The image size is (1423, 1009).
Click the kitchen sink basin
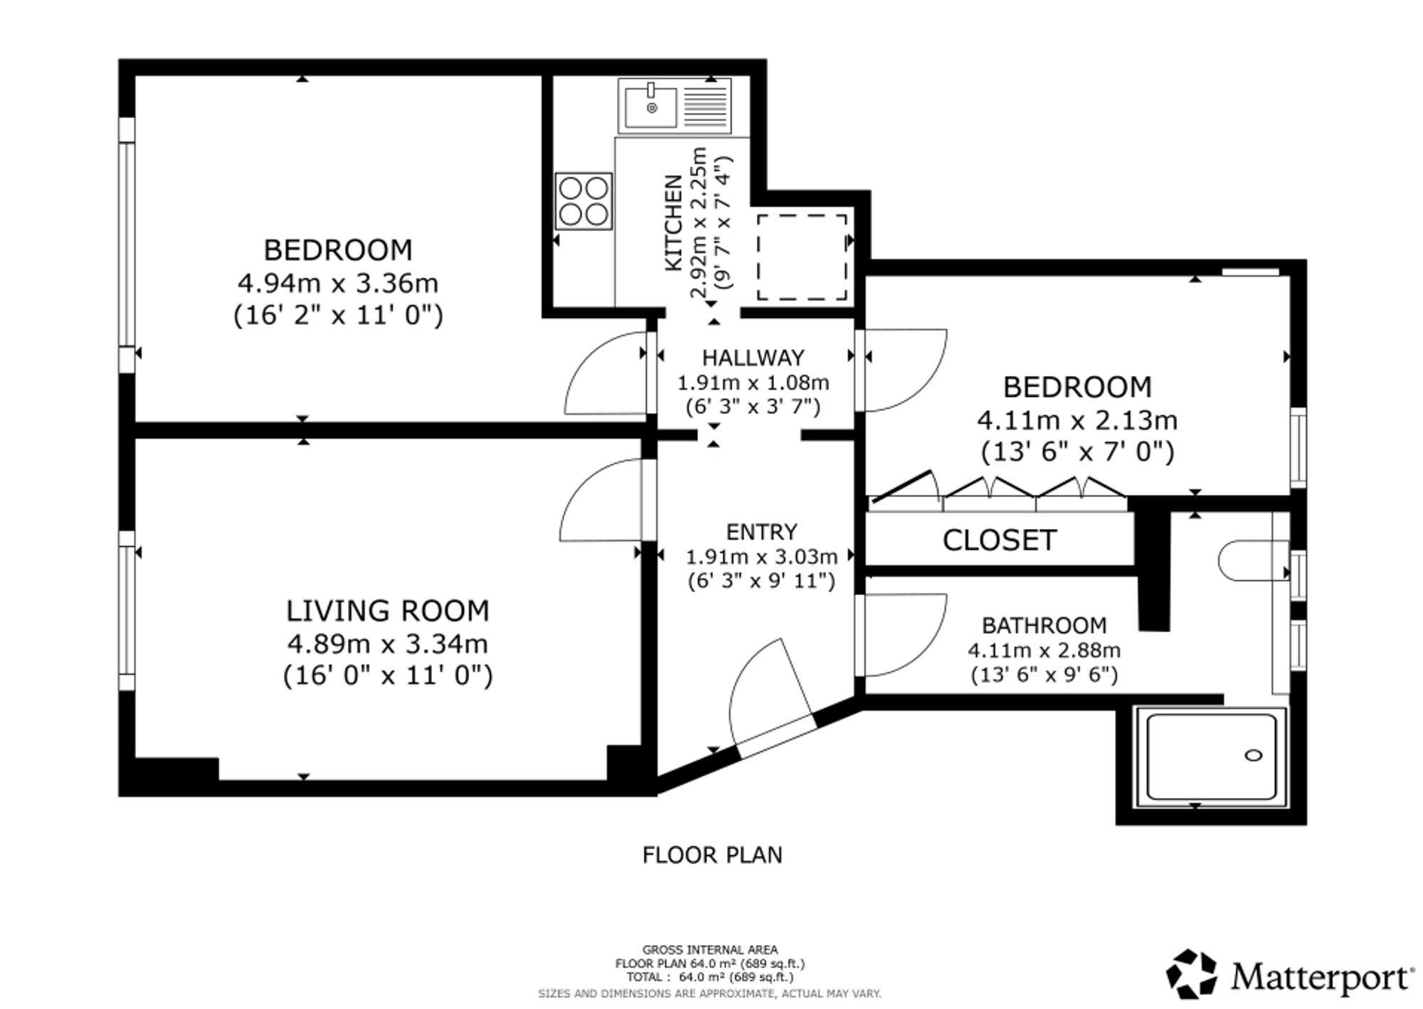(651, 106)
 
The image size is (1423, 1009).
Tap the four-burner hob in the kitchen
(583, 201)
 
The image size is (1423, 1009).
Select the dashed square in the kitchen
(802, 257)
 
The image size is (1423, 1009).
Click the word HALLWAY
(753, 357)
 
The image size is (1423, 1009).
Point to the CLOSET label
(999, 540)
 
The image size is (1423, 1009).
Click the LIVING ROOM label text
(388, 611)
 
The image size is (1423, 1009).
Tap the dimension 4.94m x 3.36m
(338, 284)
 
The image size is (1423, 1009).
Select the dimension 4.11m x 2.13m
(1077, 421)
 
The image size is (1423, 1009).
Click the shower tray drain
(1253, 755)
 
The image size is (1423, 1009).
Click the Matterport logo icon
(1192, 973)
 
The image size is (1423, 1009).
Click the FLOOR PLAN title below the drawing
(712, 855)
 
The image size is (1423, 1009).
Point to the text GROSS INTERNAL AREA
(710, 949)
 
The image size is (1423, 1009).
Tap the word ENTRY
(761, 532)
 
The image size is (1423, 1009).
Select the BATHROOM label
(1044, 625)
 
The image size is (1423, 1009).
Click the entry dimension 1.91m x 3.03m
(761, 557)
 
